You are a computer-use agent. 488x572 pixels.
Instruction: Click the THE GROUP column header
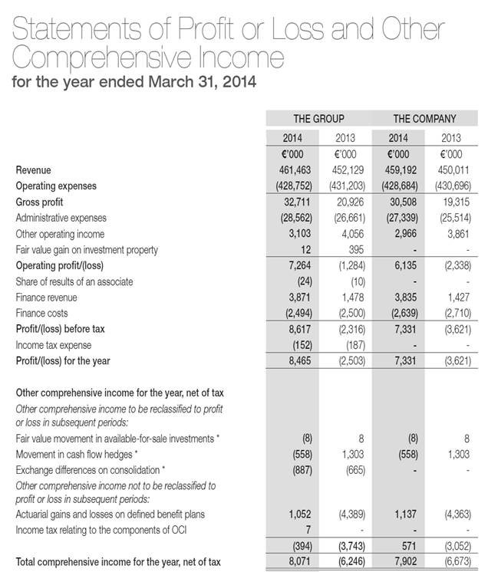click(318, 119)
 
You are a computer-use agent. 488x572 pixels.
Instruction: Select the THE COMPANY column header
click(424, 119)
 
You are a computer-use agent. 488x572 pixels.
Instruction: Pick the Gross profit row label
click(40, 202)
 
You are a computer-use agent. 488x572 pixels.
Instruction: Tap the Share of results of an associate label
click(74, 281)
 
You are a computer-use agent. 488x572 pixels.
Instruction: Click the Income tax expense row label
click(52, 345)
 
